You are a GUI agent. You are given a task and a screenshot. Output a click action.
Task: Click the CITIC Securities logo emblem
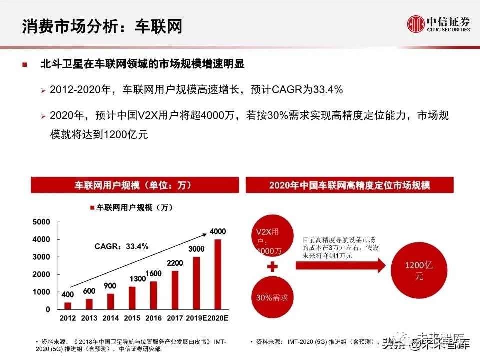click(416, 24)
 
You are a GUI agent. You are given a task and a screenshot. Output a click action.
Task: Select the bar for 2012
click(68, 306)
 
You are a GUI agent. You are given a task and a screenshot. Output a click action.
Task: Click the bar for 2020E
click(218, 274)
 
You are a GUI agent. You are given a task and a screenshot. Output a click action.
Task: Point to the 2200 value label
click(175, 263)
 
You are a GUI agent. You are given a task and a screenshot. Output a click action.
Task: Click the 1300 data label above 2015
click(132, 279)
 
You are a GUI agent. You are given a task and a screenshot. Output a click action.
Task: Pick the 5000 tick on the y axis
click(41, 222)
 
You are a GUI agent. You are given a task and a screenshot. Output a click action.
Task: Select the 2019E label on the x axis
click(196, 318)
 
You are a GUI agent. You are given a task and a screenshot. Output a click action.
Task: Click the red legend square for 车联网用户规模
click(92, 207)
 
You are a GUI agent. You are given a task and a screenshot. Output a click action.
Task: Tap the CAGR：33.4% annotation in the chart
click(122, 246)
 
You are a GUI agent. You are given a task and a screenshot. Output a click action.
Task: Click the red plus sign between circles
click(272, 267)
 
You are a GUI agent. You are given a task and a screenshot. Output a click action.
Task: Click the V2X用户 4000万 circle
click(272, 239)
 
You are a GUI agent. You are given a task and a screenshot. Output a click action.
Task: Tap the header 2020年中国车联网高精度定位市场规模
click(350, 185)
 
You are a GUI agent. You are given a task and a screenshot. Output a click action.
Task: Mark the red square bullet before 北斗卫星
click(24, 65)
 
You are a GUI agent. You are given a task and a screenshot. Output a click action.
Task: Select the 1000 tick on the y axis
click(41, 292)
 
